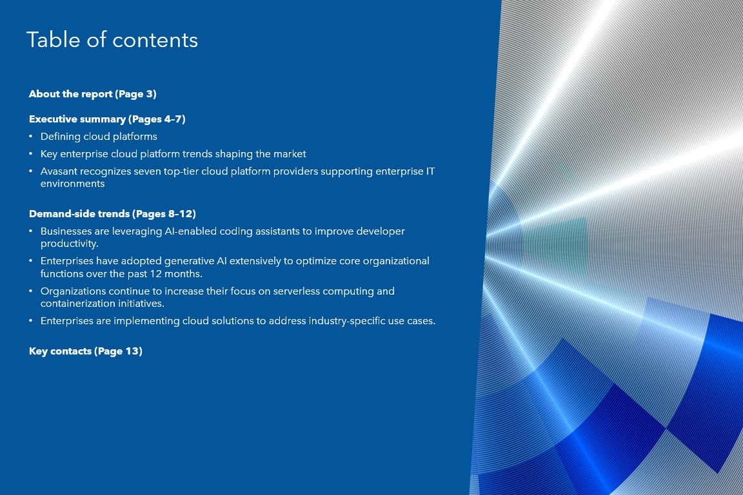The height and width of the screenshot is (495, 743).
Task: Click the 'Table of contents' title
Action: click(112, 40)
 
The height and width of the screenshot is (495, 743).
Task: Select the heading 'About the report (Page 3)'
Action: click(92, 94)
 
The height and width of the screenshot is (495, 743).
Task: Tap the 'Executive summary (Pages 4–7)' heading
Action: click(107, 119)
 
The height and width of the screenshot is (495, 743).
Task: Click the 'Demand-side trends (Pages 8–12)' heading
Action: click(112, 213)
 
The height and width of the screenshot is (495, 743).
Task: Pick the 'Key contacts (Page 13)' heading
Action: click(86, 351)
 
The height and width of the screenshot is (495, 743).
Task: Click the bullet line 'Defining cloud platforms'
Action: click(99, 137)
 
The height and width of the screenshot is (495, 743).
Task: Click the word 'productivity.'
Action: click(69, 244)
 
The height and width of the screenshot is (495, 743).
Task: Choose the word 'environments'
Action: click(72, 183)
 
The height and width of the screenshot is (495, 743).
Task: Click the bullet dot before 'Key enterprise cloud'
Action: click(31, 154)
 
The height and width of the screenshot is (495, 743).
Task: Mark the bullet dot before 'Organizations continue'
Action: click(31, 291)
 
